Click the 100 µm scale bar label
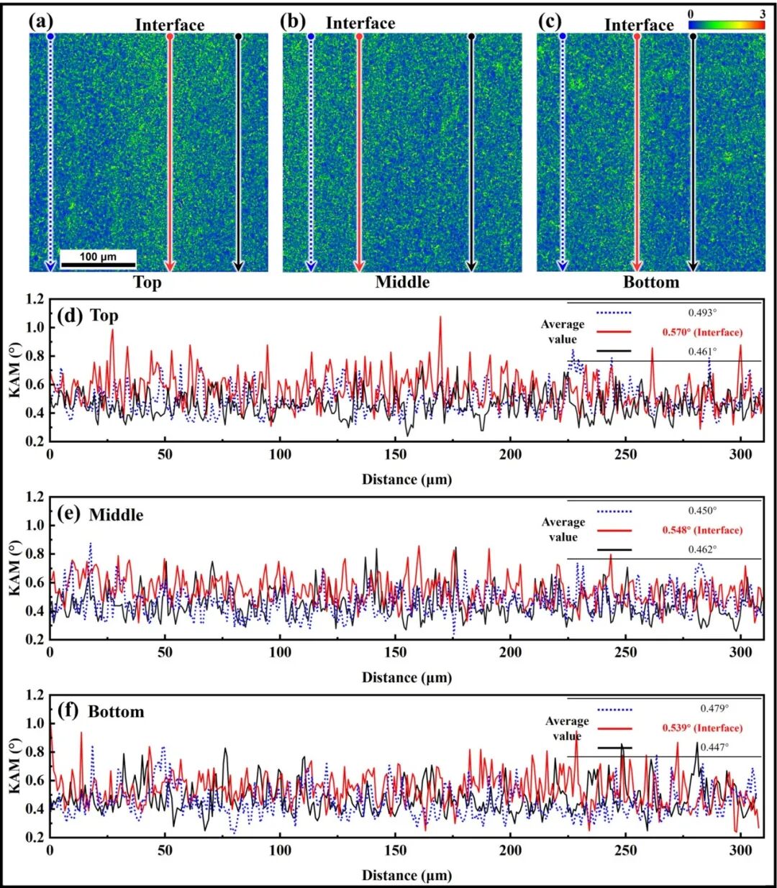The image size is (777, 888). coord(98,257)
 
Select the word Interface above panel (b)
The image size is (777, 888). coord(360,23)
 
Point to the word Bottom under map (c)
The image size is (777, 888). coord(651,282)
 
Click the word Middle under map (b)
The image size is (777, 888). coord(403,282)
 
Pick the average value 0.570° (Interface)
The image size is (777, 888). coord(702,332)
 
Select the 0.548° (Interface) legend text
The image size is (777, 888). coord(702,530)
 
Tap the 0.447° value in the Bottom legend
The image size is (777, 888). coord(714,747)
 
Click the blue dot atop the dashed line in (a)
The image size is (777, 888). coord(50,36)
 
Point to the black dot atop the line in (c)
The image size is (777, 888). coord(693,36)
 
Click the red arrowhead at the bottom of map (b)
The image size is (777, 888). coord(359,266)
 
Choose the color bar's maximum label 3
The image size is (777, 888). coord(762,14)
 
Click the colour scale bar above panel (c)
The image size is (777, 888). coord(727,24)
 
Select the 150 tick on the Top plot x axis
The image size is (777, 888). coord(395,454)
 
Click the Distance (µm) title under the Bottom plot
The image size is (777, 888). coord(406,875)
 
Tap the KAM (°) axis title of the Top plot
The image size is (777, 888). coord(14,371)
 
